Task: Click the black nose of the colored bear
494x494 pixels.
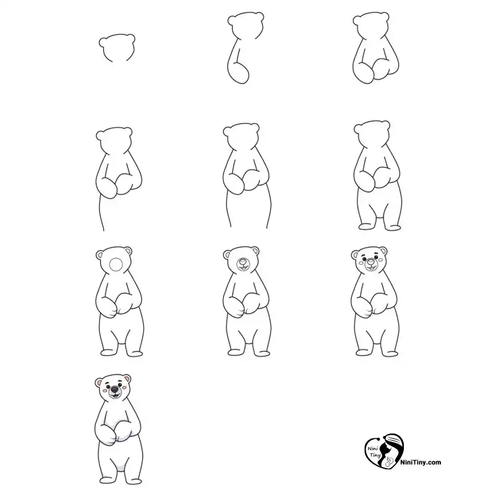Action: [114, 390]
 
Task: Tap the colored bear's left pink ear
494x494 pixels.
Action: [99, 383]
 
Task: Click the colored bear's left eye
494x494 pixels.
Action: [107, 385]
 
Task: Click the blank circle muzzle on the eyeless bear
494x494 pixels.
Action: [116, 264]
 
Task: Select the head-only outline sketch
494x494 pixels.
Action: [117, 48]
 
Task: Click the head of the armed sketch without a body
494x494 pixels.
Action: [371, 26]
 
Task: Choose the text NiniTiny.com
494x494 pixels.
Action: [421, 463]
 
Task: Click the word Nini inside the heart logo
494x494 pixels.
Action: [372, 449]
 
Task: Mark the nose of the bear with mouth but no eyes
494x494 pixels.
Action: [243, 262]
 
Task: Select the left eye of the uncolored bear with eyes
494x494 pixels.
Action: [363, 259]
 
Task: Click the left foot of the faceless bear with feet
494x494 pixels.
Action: [366, 227]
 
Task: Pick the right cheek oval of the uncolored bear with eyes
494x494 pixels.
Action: [380, 260]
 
